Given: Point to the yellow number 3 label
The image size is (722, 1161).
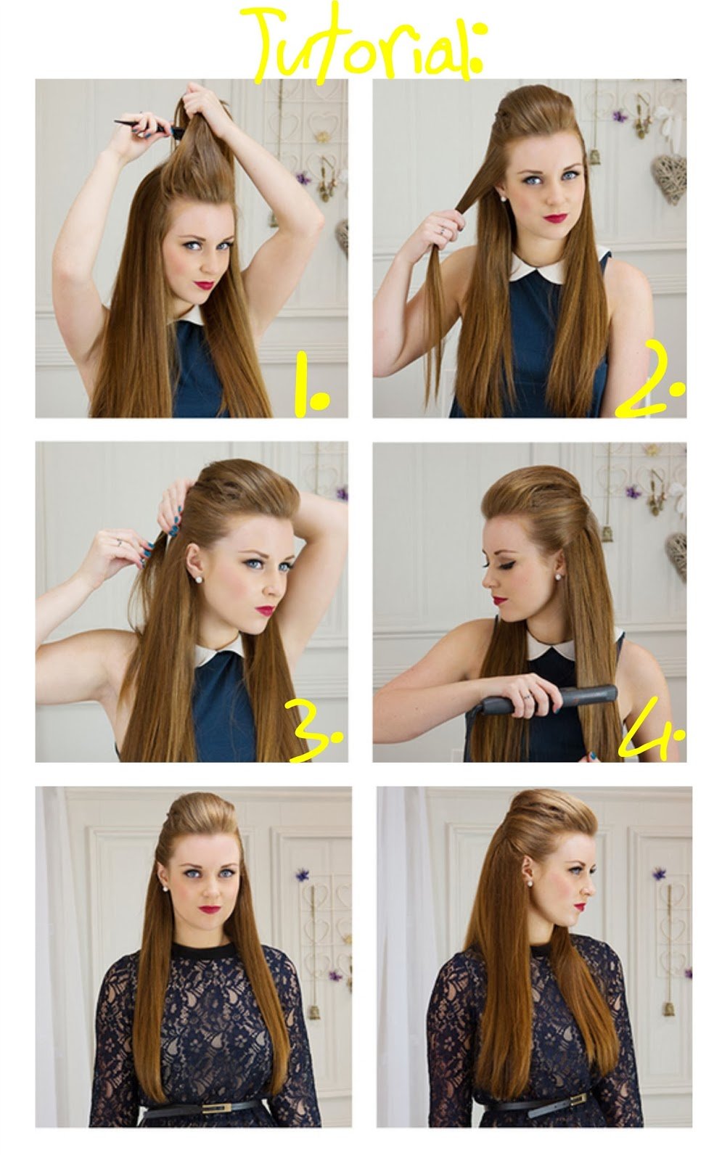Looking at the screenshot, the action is (x=314, y=730).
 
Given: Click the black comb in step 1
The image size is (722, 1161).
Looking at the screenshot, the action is (x=149, y=127).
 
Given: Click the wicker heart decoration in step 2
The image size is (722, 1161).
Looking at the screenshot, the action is (x=670, y=176).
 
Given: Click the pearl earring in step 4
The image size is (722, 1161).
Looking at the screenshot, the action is (x=559, y=576).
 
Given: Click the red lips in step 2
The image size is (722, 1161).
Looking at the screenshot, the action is (x=555, y=218).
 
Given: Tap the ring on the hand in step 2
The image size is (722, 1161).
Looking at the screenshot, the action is (x=442, y=229).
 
